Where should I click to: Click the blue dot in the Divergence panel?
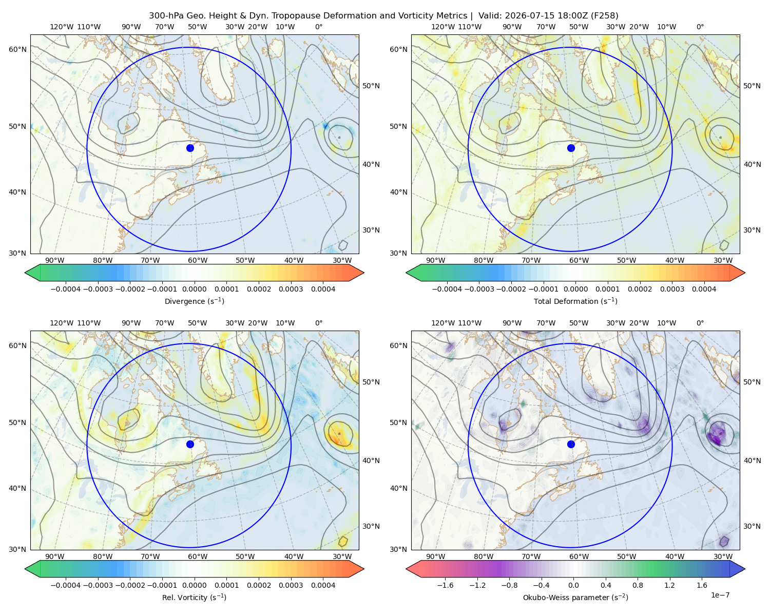(x=190, y=148)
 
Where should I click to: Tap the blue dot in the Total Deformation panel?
(x=571, y=148)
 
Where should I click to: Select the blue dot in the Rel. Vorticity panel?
(x=190, y=444)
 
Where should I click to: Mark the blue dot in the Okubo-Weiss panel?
(x=571, y=444)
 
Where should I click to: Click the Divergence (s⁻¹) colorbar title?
(x=194, y=301)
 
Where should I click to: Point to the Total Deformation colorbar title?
(x=575, y=301)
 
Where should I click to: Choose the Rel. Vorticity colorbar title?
(x=194, y=597)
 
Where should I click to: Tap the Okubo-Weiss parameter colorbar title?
(x=575, y=597)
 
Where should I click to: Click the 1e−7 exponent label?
(x=720, y=595)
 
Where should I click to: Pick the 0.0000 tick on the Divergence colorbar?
(x=194, y=289)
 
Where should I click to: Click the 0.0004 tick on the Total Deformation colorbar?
(x=704, y=289)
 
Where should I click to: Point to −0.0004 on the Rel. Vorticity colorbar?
(x=66, y=585)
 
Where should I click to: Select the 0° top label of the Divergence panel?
(x=319, y=27)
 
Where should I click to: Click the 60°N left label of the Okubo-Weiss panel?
(x=398, y=345)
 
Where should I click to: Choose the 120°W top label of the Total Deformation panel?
(x=442, y=27)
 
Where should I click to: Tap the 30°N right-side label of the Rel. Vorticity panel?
(x=371, y=526)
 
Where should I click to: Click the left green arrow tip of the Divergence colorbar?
(x=25, y=273)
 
